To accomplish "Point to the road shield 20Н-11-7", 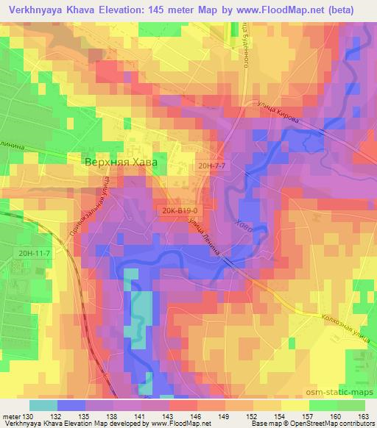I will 35,253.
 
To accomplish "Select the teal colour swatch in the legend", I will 43,404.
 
